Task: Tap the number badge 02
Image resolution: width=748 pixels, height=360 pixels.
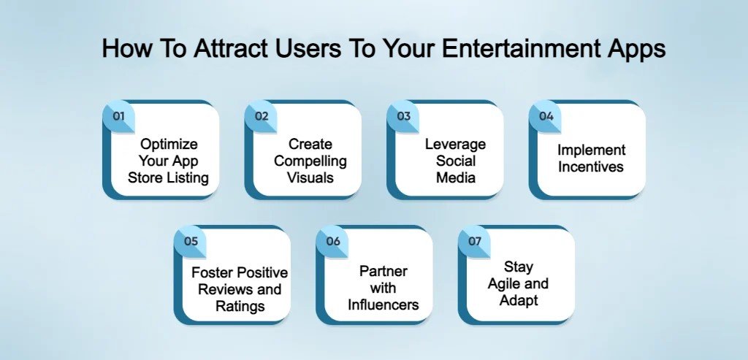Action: (x=262, y=116)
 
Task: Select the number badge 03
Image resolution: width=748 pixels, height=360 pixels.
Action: (x=403, y=116)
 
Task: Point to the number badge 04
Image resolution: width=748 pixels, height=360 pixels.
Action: (x=546, y=116)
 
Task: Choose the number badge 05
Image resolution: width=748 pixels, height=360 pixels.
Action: (x=191, y=241)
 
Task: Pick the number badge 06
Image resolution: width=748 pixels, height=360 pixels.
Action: (x=333, y=241)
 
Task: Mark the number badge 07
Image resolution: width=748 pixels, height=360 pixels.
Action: (x=475, y=241)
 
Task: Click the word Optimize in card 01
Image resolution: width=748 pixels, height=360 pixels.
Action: (x=169, y=145)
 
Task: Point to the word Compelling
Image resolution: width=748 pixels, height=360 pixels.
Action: (x=310, y=161)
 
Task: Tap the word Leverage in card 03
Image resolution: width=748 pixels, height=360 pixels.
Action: (x=455, y=145)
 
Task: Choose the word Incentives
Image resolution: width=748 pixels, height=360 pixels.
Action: (x=592, y=166)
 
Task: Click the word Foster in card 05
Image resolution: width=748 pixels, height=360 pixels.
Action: (x=213, y=273)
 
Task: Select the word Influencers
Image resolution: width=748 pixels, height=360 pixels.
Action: (x=383, y=305)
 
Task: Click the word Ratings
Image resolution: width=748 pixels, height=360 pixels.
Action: (x=240, y=306)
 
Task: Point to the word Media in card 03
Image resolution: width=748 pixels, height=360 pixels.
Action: (x=455, y=177)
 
